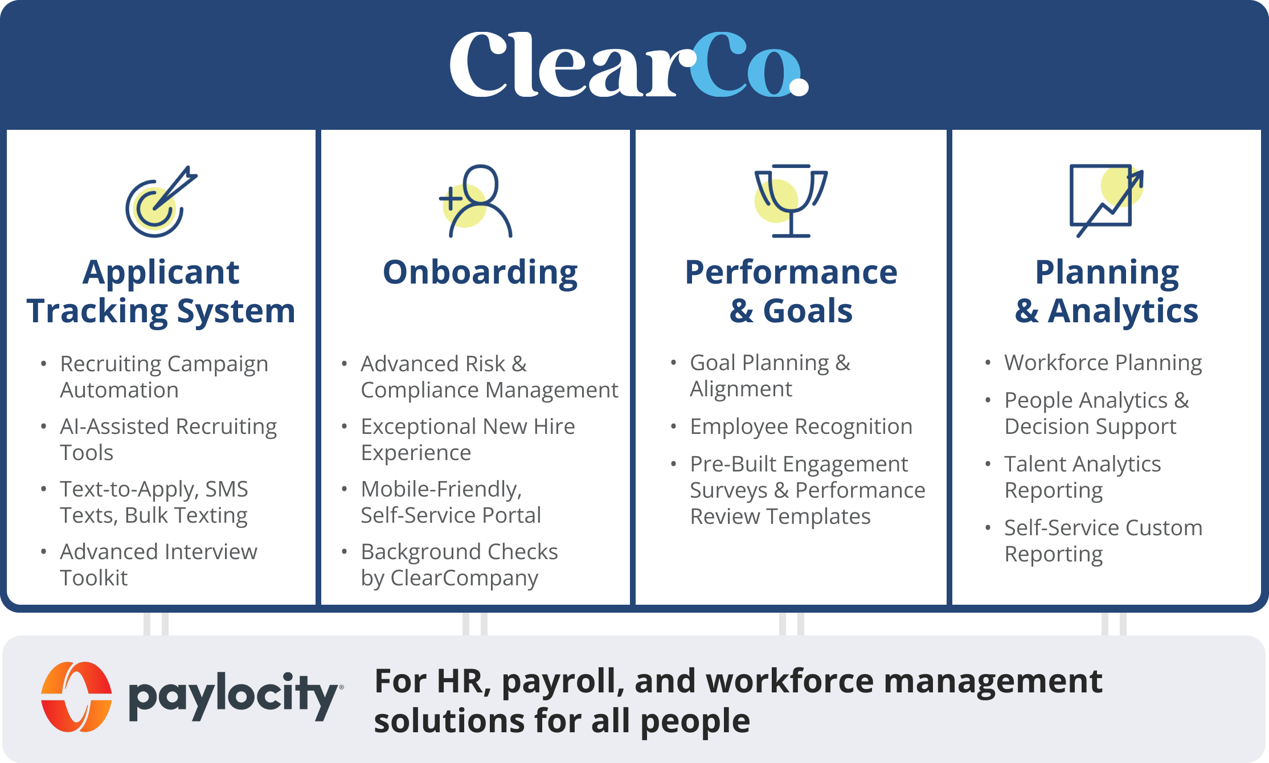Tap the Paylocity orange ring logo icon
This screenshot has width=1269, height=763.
coord(76,696)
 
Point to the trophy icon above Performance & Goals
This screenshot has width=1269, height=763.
coord(791,200)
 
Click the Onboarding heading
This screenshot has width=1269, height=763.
coord(480,273)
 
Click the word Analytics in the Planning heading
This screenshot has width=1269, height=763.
coord(1123,311)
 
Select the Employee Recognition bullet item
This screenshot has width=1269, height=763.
coord(801,426)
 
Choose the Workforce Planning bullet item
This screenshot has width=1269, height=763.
coord(1103,363)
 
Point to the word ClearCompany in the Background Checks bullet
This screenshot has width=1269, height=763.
coord(464,578)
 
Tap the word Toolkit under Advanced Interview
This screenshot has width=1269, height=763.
coord(94,578)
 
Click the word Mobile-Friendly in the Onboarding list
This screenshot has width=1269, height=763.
coord(441,489)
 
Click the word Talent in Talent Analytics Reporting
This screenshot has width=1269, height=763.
coord(1034,464)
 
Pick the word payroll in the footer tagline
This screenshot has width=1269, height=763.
coord(563,682)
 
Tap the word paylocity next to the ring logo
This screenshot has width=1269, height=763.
coord(233,696)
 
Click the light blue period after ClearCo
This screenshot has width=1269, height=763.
coord(799,87)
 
